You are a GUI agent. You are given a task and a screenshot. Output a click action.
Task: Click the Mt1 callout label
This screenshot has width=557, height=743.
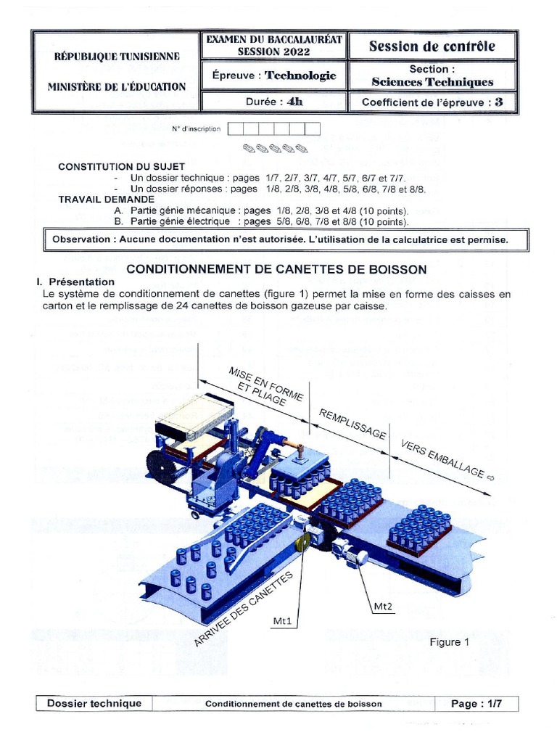pyautogui.click(x=284, y=621)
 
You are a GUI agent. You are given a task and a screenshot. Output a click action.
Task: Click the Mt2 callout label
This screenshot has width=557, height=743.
pyautogui.click(x=384, y=607)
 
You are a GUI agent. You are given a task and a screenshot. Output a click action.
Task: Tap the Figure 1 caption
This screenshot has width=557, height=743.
pyautogui.click(x=450, y=642)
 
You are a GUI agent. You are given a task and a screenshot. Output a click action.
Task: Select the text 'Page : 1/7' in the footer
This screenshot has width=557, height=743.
pyautogui.click(x=476, y=703)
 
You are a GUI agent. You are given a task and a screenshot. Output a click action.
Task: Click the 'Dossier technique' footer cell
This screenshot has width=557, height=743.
pyautogui.click(x=94, y=703)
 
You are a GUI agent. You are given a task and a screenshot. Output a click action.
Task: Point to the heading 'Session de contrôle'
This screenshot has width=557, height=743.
pyautogui.click(x=432, y=46)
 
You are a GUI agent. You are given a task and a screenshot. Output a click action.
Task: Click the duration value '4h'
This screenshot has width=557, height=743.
pyautogui.click(x=295, y=102)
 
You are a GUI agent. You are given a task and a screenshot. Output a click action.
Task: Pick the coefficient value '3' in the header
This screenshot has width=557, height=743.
pyautogui.click(x=498, y=102)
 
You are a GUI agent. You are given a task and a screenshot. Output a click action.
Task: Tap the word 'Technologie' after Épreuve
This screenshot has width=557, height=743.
pyautogui.click(x=300, y=75)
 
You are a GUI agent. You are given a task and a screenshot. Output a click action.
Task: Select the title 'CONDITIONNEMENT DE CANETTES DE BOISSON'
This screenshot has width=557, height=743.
pyautogui.click(x=277, y=269)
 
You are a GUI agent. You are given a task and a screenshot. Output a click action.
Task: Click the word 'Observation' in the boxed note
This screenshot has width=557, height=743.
pyautogui.click(x=82, y=239)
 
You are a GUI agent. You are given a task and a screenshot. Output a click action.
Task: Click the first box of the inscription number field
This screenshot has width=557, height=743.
pyautogui.click(x=235, y=129)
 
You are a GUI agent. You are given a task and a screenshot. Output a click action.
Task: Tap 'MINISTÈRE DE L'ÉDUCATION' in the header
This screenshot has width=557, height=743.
pyautogui.click(x=117, y=87)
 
